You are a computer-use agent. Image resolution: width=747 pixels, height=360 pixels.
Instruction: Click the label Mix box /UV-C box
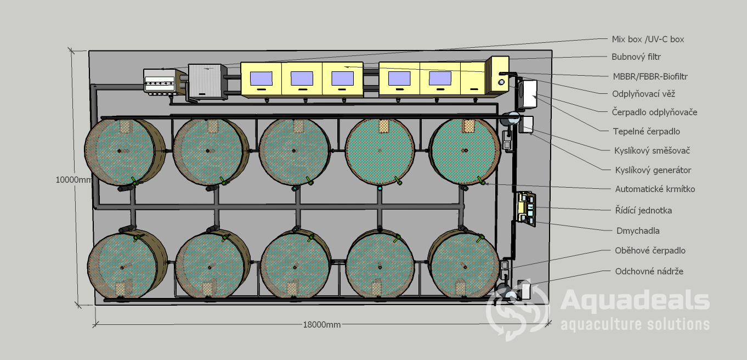point(648,40)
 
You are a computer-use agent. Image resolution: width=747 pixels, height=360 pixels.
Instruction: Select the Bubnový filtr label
point(636,57)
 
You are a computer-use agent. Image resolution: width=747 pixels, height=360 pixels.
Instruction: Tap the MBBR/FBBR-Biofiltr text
point(650,76)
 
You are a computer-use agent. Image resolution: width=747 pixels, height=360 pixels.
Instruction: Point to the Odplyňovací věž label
point(644,94)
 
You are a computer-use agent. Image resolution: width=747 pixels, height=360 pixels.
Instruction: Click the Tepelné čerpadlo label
point(646,132)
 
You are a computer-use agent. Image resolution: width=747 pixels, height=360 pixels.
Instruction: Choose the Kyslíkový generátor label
point(653,170)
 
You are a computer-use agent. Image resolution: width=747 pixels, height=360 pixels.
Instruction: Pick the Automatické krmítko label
point(655,189)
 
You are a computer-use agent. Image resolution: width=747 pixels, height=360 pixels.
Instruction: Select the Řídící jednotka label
point(643,211)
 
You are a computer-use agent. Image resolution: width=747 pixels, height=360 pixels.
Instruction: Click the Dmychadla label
point(638,231)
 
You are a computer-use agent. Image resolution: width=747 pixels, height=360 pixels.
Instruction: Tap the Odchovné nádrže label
point(649,271)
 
